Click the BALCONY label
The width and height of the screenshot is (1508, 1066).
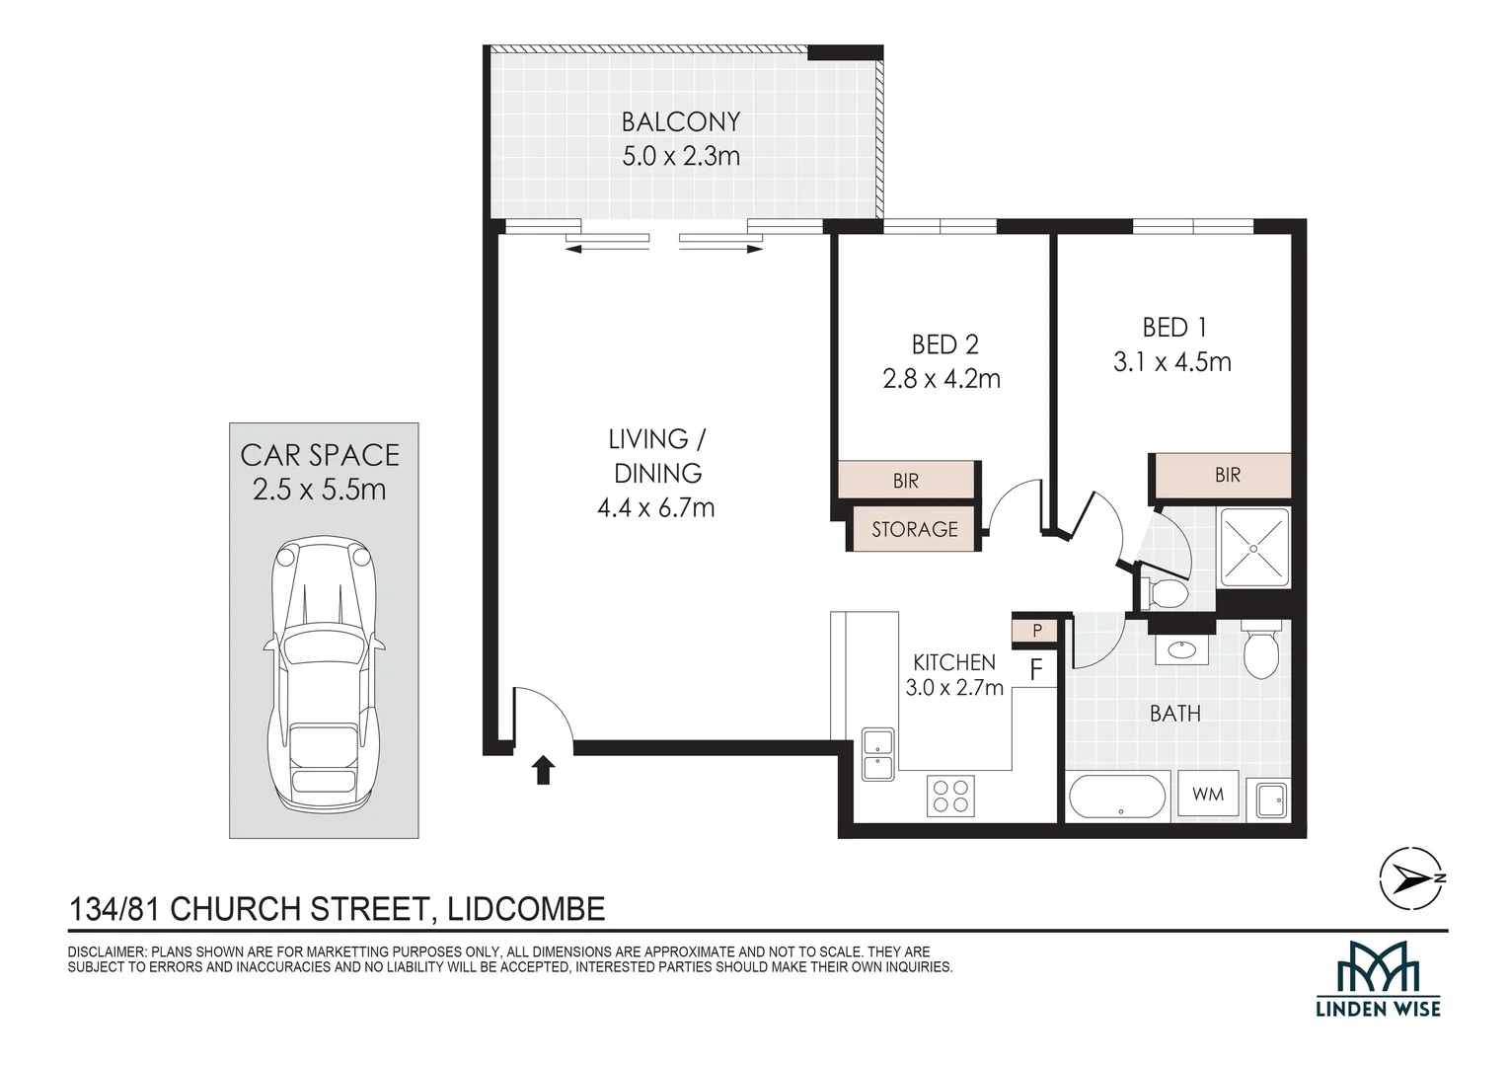tap(681, 121)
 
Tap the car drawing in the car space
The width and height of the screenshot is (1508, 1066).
tap(325, 674)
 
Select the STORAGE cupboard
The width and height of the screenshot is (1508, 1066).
tap(914, 529)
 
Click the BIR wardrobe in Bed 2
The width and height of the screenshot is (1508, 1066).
tap(906, 480)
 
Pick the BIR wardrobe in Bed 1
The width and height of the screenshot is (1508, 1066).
tap(1223, 475)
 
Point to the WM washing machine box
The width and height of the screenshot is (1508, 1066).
tap(1208, 794)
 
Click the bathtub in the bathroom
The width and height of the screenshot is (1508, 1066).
tap(1117, 797)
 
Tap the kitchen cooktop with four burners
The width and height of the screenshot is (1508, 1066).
tap(950, 796)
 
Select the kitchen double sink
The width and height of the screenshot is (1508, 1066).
tap(878, 754)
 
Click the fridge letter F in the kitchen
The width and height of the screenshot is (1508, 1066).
tap(1036, 670)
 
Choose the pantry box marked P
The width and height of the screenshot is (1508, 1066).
tap(1037, 631)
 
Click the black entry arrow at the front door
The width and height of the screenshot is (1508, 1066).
tap(543, 770)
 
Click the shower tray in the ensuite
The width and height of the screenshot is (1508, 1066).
tap(1254, 548)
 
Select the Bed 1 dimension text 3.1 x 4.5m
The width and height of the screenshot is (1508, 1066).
tap(1172, 362)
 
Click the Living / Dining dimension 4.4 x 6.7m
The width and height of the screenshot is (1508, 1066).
tap(655, 507)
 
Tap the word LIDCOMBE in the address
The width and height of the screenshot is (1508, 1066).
tap(526, 909)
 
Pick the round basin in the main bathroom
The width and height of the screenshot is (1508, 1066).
tap(1180, 649)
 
